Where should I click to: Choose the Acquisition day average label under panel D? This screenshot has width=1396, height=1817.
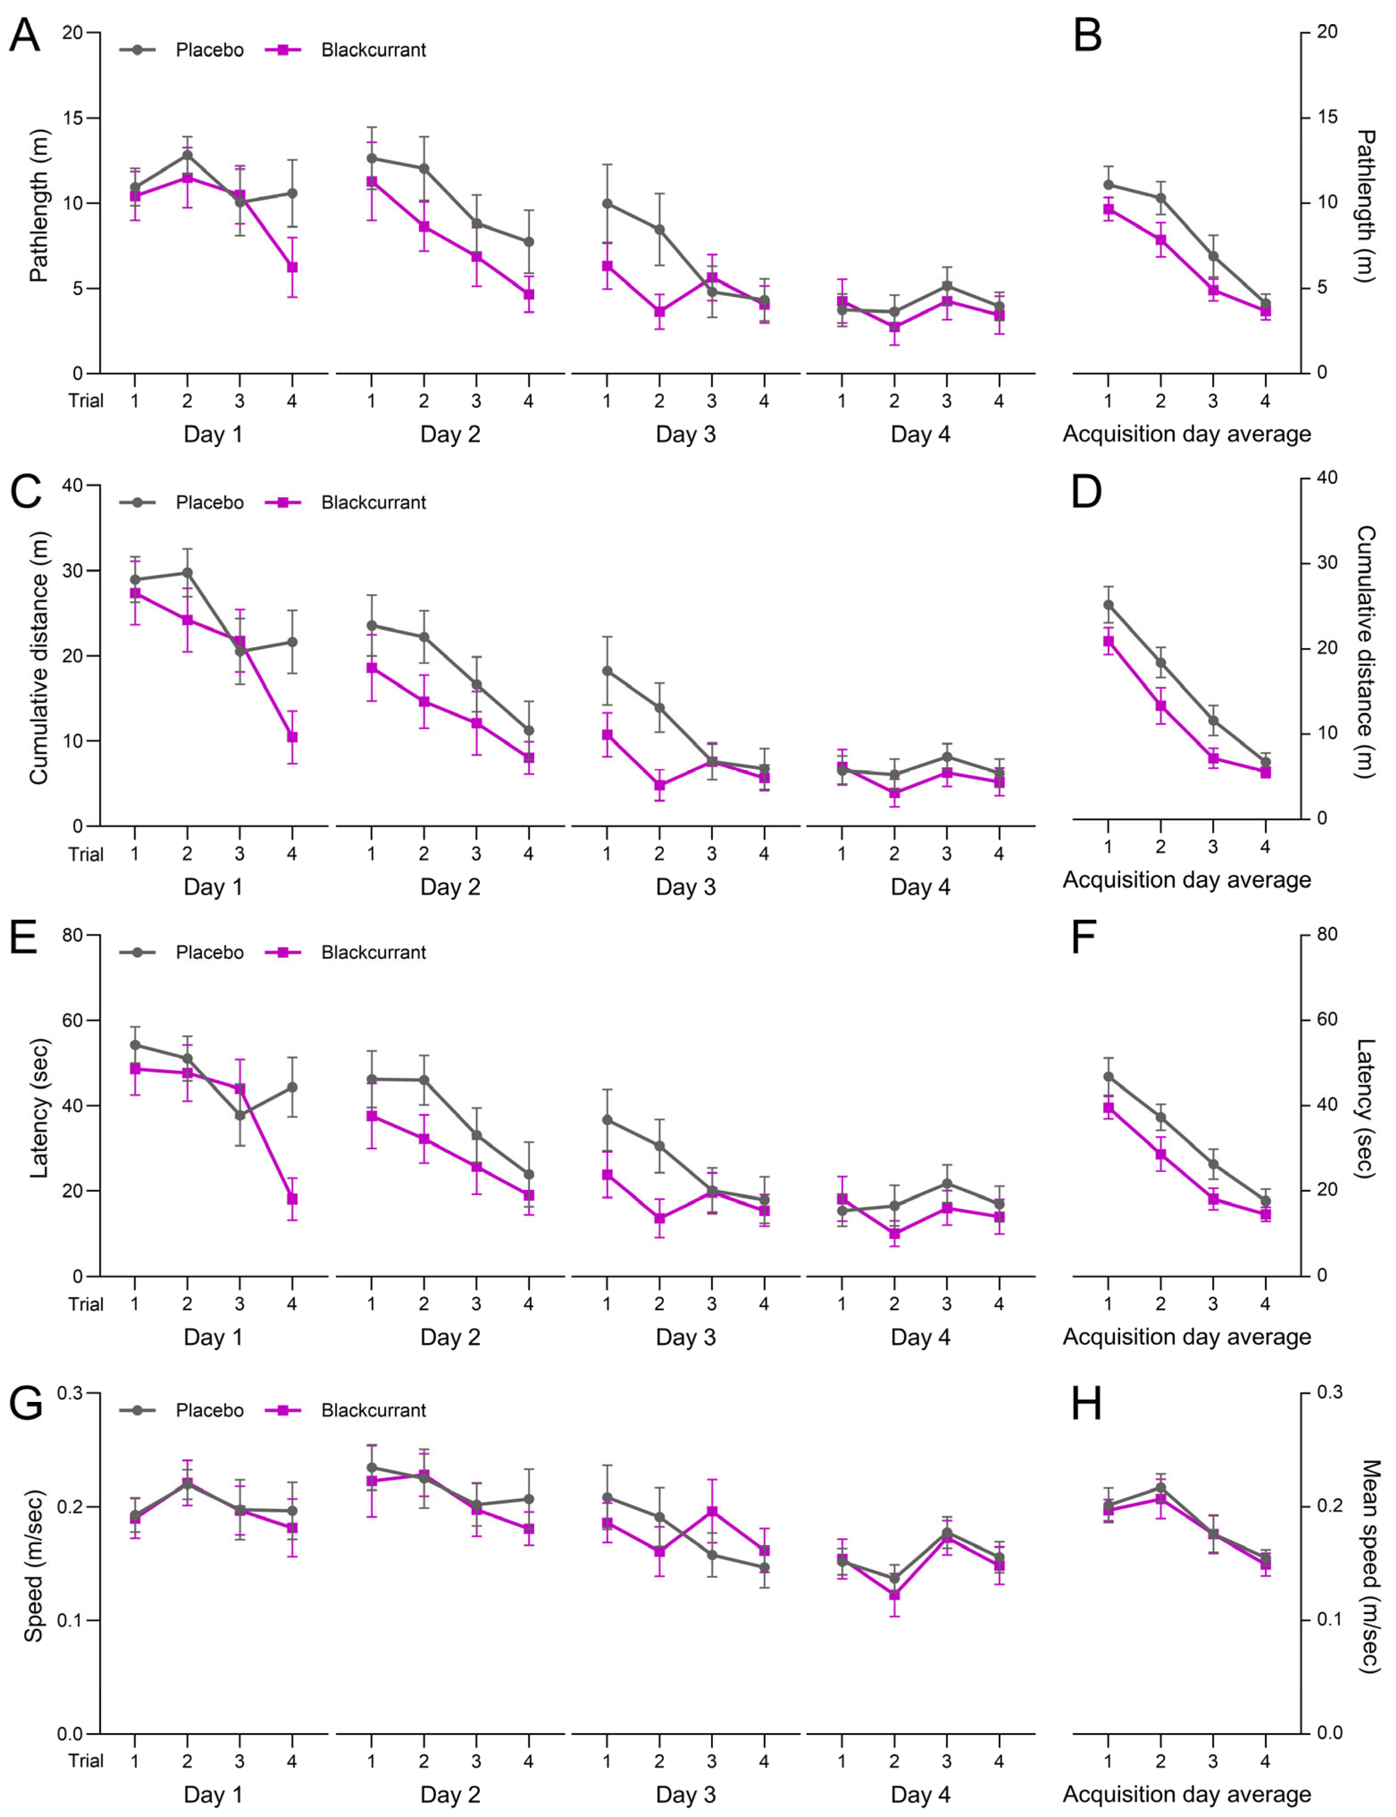click(x=1187, y=879)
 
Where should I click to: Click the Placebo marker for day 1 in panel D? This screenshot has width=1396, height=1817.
click(x=1109, y=605)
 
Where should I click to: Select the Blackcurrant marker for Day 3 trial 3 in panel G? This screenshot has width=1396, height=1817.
click(x=712, y=1511)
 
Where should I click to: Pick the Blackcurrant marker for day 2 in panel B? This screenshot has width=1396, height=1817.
click(x=1161, y=240)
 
